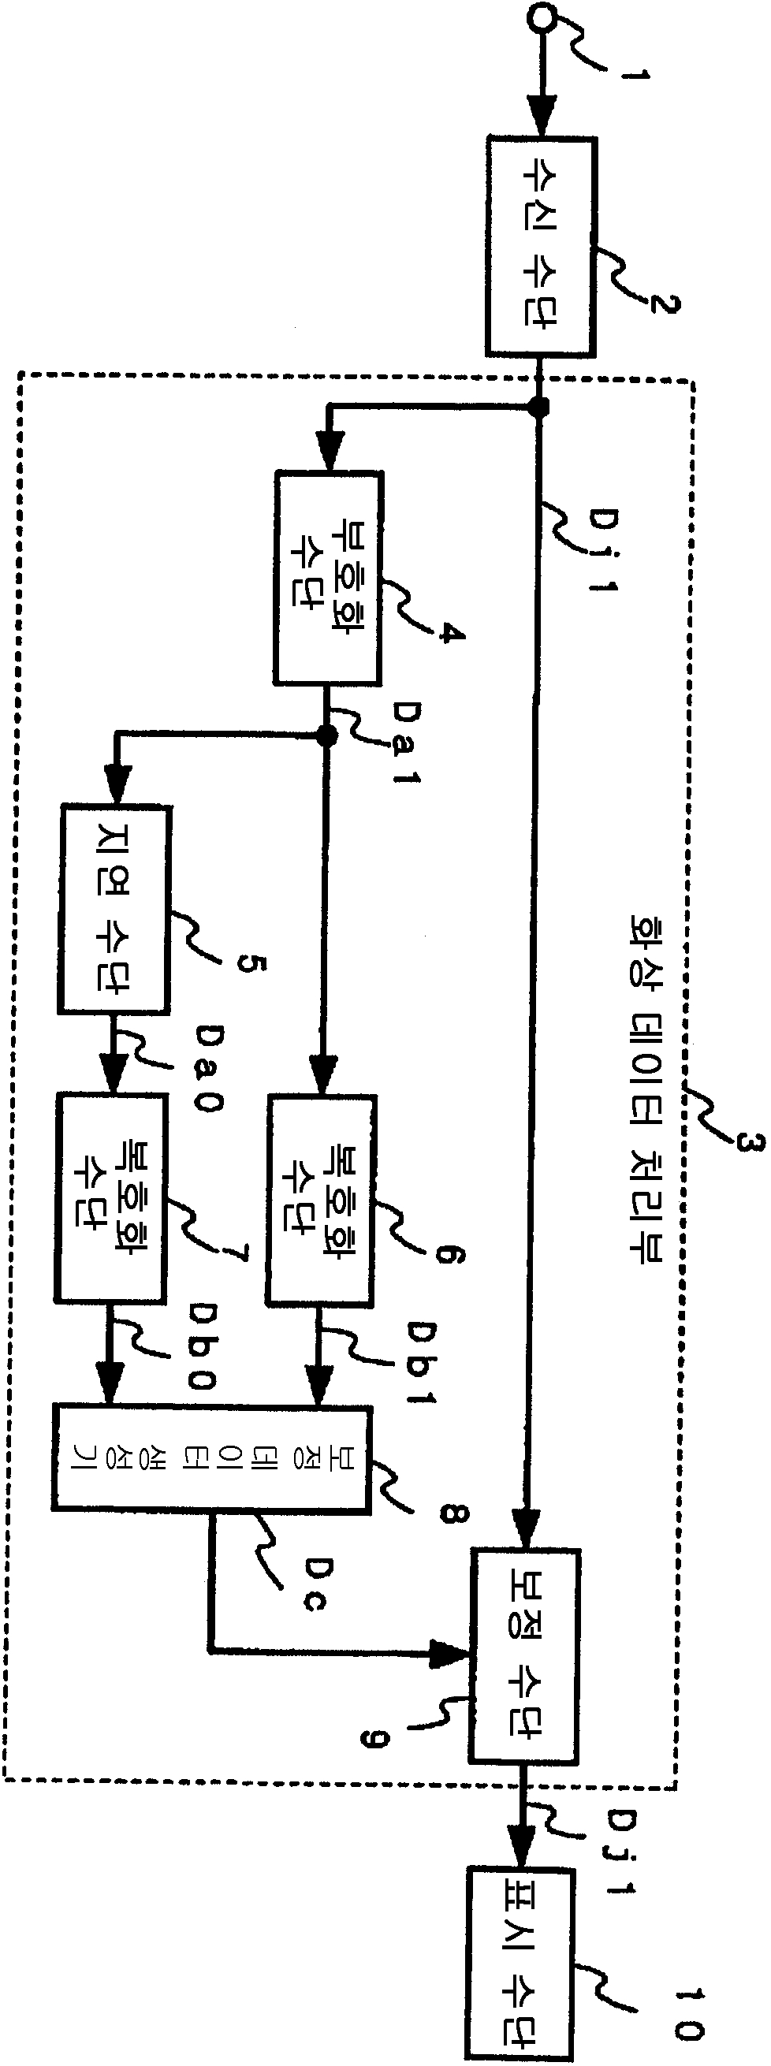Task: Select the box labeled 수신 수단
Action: [540, 246]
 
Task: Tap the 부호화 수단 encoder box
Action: [327, 578]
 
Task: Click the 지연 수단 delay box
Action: [114, 910]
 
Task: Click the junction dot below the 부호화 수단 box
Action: [326, 735]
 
